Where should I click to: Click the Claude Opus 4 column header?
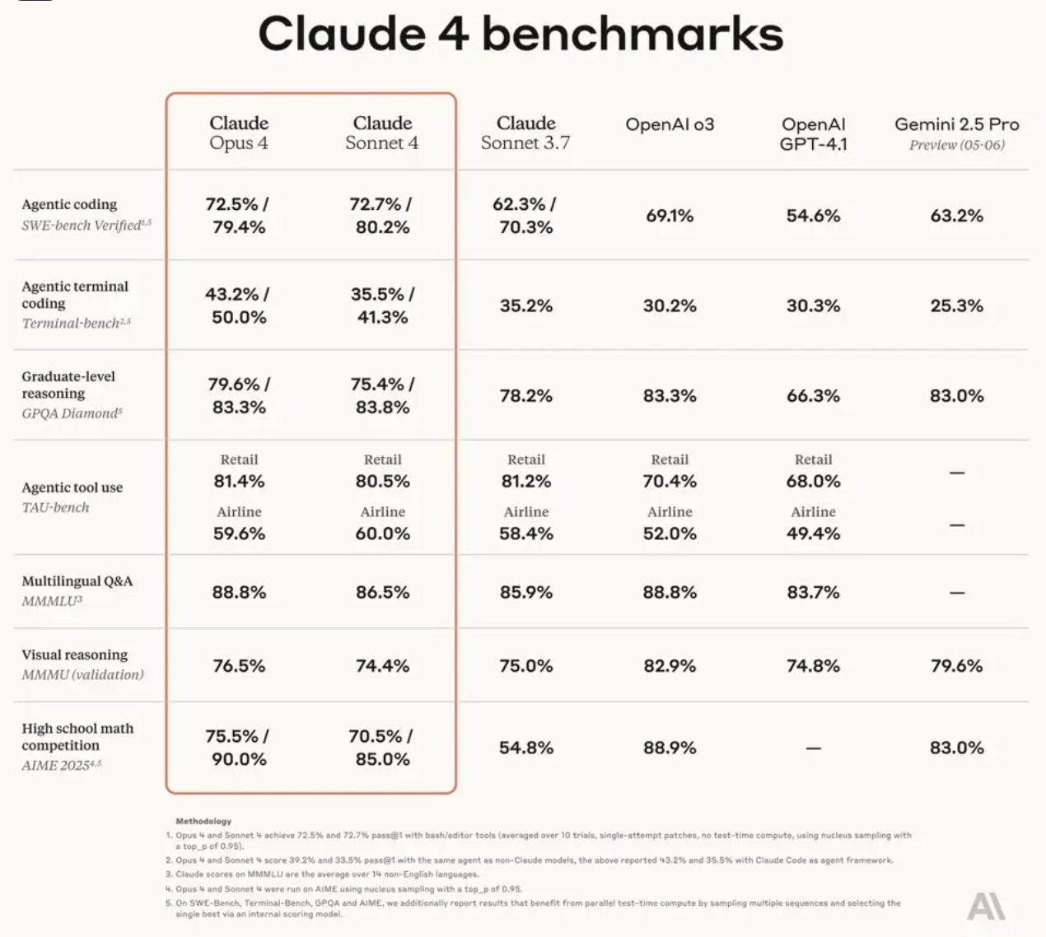(x=239, y=133)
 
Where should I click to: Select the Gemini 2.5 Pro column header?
(x=957, y=133)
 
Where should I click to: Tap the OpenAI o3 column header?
(x=670, y=124)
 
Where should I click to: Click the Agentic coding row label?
(x=69, y=204)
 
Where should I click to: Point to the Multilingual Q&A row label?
(x=77, y=581)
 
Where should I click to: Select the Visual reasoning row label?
(x=74, y=655)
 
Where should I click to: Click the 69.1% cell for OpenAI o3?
(x=670, y=216)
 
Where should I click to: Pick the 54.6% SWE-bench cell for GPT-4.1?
(x=813, y=216)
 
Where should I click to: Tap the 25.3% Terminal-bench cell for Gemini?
(x=957, y=305)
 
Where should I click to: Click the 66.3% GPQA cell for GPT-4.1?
(x=813, y=396)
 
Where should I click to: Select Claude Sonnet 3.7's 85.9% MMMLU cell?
(x=526, y=592)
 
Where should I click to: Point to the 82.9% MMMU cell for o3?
(x=670, y=666)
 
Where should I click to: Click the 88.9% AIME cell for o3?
(x=670, y=748)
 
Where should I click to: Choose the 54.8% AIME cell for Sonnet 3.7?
(x=526, y=748)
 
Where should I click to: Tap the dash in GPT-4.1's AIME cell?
(x=813, y=748)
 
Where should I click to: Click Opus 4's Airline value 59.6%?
(x=239, y=534)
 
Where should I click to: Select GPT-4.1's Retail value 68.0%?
(x=813, y=482)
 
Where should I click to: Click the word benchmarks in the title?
(x=633, y=34)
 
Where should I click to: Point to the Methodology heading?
(x=203, y=822)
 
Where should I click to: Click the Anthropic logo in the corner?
(x=986, y=907)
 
